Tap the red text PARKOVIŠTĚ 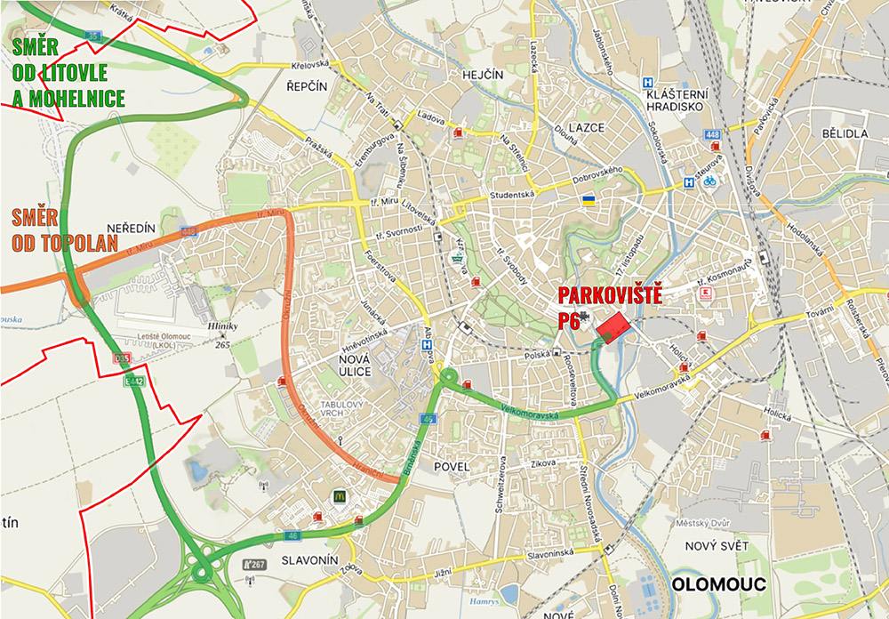610,296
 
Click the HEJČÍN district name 484,76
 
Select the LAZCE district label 586,127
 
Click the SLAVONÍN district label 310,560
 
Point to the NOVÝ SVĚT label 717,545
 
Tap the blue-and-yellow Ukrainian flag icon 588,201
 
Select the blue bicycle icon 709,181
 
